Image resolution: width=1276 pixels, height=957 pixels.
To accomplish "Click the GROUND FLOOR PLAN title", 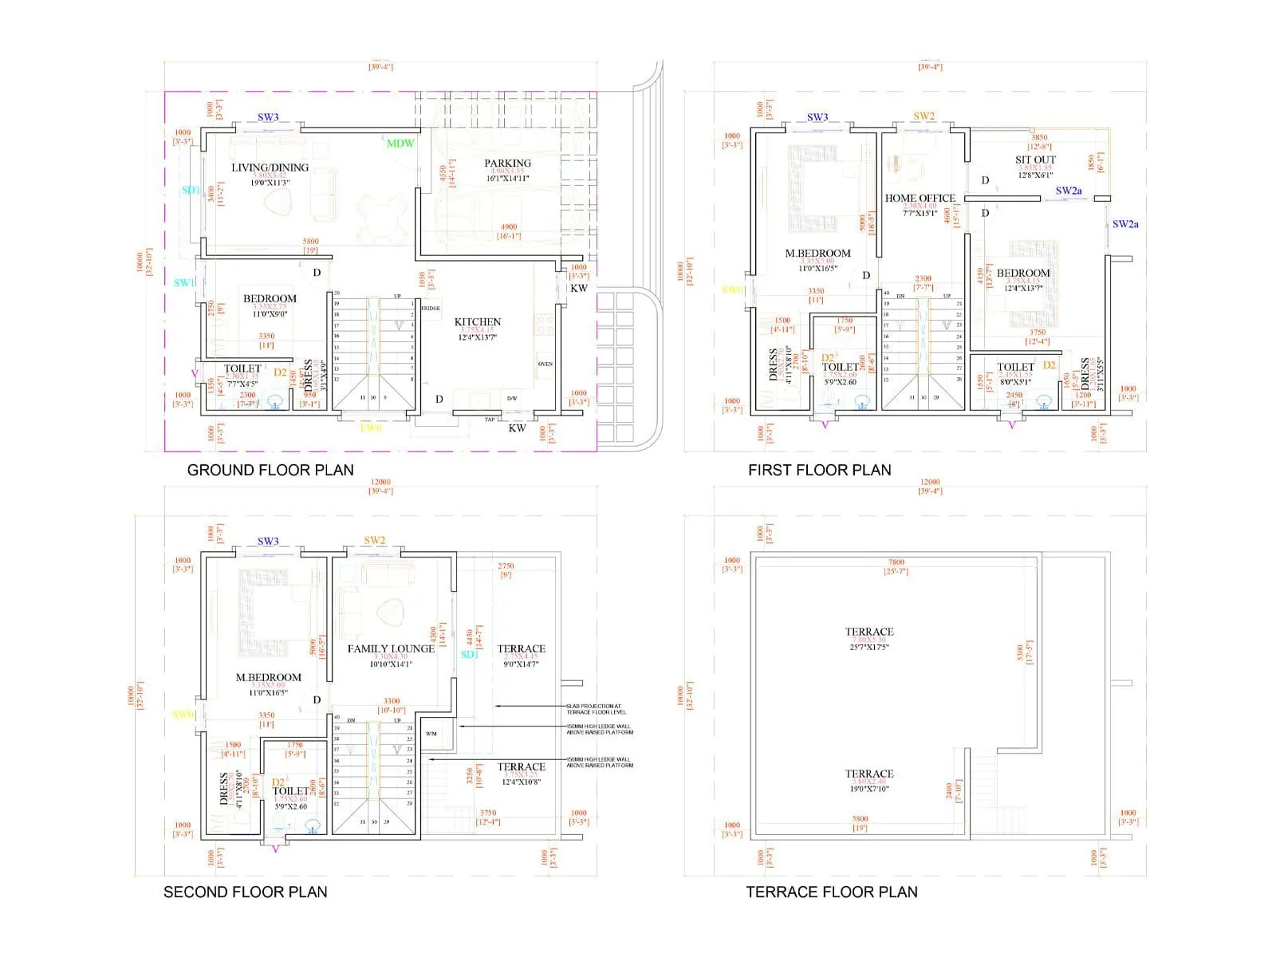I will [270, 470].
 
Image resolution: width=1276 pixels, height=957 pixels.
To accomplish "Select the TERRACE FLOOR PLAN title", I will [831, 892].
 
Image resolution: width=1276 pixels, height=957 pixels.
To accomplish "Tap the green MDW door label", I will [400, 144].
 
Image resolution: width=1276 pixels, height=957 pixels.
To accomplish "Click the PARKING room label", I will [507, 163].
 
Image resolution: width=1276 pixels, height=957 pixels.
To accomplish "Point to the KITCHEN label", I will [477, 322].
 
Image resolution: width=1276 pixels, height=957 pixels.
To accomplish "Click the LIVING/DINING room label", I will [270, 167].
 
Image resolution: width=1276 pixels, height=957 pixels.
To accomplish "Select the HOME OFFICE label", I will [920, 198].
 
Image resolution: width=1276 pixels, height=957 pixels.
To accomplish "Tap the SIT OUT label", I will [1035, 159].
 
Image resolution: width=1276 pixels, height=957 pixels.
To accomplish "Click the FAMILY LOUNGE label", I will [391, 648].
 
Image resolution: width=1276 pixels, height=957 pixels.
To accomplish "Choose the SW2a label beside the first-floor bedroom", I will [1125, 224].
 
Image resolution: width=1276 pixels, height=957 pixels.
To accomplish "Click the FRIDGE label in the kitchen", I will [431, 309].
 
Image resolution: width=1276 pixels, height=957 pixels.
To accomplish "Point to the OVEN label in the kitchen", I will [545, 364].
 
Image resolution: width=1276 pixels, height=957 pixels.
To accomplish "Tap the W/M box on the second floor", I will [431, 734].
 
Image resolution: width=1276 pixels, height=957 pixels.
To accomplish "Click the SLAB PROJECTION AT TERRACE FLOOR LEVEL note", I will [597, 709].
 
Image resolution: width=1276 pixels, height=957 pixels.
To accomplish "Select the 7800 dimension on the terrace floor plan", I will [896, 562].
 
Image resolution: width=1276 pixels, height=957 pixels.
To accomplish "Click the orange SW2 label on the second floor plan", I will [374, 541].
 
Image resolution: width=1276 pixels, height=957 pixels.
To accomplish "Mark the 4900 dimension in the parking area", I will [508, 227].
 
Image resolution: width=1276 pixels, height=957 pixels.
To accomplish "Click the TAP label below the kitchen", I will [490, 419].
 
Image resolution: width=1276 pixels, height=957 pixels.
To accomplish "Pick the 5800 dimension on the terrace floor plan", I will [860, 819].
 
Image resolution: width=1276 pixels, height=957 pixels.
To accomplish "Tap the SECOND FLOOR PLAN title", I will [245, 892].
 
